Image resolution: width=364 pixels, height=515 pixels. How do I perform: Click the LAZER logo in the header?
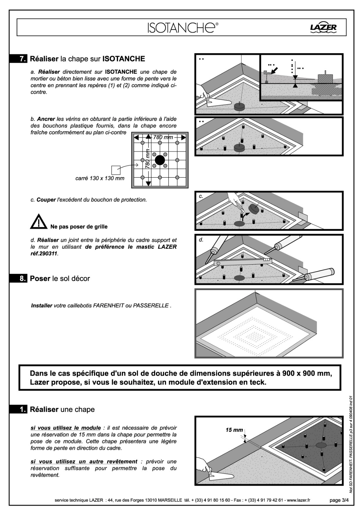pyautogui.click(x=323, y=28)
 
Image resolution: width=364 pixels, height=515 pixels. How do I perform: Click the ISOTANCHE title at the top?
pyautogui.click(x=182, y=28)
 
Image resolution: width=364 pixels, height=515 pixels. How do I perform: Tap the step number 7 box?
pyautogui.click(x=23, y=59)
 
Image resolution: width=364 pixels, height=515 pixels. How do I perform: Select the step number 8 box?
pyautogui.click(x=23, y=278)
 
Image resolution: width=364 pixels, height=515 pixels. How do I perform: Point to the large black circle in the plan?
pyautogui.click(x=160, y=160)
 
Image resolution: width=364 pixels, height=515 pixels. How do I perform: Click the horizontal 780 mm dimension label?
pyautogui.click(x=163, y=137)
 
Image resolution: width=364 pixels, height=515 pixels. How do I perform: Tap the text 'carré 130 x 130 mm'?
pyautogui.click(x=100, y=178)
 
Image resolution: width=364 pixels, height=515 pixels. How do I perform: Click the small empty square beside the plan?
pyautogui.click(x=115, y=170)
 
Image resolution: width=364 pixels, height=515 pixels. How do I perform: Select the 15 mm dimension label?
pyautogui.click(x=234, y=430)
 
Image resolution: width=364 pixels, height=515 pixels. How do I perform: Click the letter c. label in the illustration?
pyautogui.click(x=201, y=196)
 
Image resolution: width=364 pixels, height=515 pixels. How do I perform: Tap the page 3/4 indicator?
pyautogui.click(x=339, y=500)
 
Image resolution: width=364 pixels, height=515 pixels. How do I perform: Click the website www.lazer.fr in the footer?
pyautogui.click(x=298, y=500)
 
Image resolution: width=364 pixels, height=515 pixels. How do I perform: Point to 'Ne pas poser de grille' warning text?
pyautogui.click(x=79, y=227)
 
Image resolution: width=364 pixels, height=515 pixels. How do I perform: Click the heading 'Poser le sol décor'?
pyautogui.click(x=60, y=278)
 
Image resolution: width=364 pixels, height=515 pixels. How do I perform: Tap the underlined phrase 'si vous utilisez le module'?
pyautogui.click(x=66, y=428)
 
